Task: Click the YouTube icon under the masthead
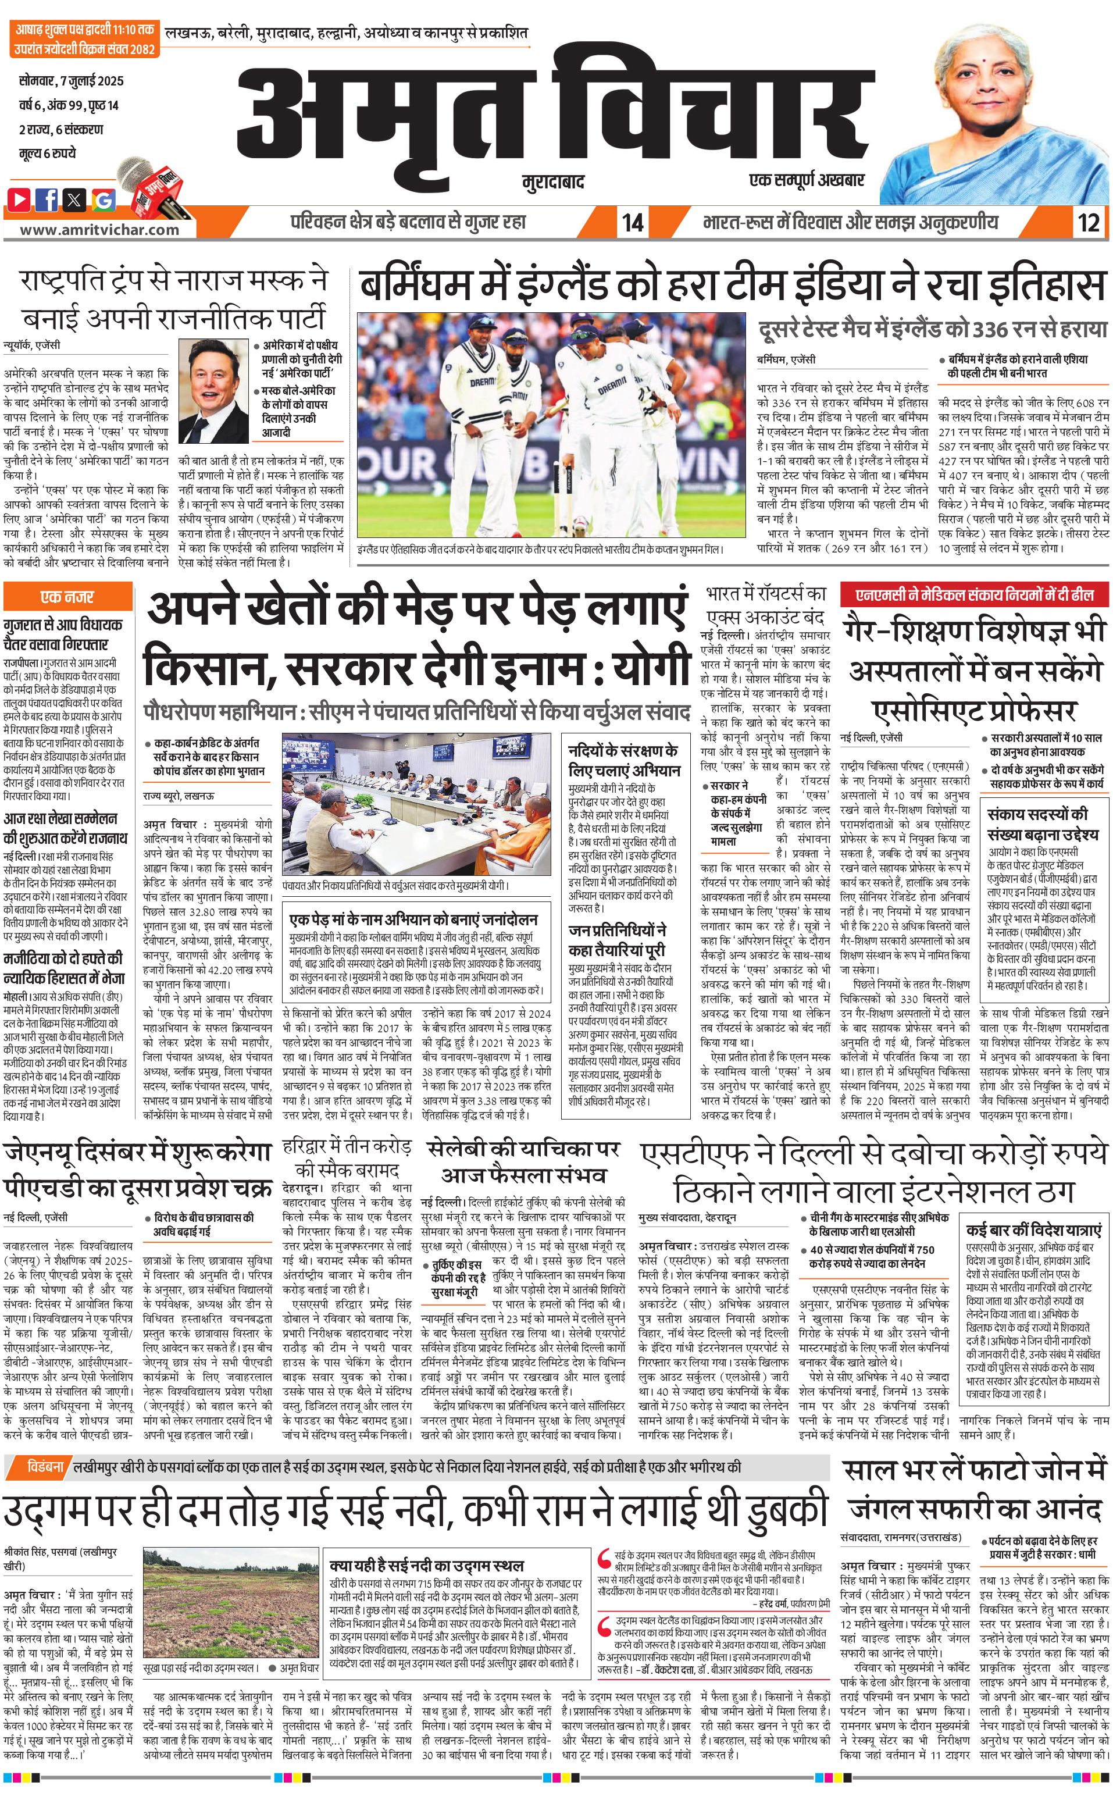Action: (19, 199)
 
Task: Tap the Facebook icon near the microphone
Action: (47, 199)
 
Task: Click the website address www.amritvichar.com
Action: (99, 230)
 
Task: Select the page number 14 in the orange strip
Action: (632, 222)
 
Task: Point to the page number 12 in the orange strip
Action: (1088, 222)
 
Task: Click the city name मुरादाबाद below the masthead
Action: (553, 181)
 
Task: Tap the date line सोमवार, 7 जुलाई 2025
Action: (72, 80)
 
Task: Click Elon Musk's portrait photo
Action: (213, 390)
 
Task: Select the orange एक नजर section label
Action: (67, 596)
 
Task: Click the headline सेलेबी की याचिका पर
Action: (523, 1149)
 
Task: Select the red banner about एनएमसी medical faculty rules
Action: (975, 594)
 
